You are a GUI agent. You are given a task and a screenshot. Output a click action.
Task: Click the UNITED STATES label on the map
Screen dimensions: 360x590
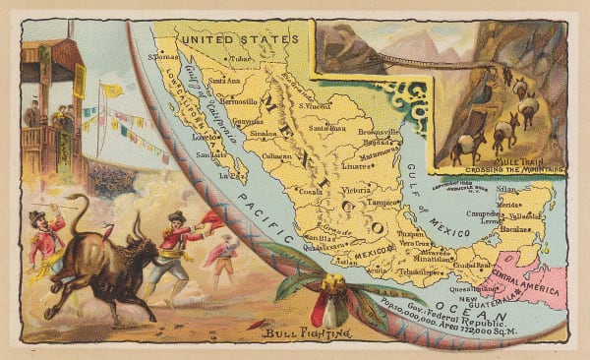coord(241,39)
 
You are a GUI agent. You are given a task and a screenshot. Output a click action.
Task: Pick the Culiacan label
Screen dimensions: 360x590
coord(278,156)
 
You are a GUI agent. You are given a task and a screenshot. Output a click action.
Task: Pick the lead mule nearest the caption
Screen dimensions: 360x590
coord(462,146)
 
